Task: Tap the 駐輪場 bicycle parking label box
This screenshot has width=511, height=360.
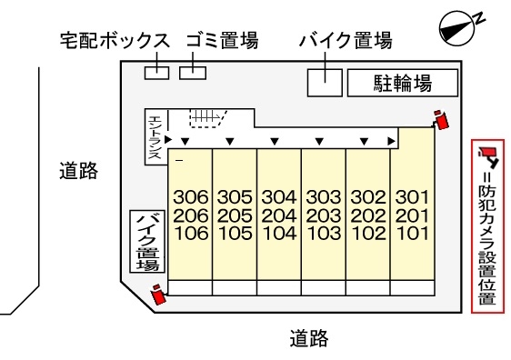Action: pos(402,84)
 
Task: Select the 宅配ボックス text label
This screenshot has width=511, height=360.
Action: pos(115,42)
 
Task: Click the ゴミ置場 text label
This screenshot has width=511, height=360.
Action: pos(221,42)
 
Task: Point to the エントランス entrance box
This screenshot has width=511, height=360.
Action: pos(155,137)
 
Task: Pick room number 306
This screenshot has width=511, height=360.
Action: pos(190,196)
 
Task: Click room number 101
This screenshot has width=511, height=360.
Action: pos(412,232)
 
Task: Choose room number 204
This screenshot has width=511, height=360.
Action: pos(279,215)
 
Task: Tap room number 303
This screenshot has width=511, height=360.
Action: pos(323,196)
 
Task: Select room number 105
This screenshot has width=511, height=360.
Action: pos(235,232)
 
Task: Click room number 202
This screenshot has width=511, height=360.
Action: pos(367,215)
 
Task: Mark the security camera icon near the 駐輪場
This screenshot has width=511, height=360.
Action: pos(442,120)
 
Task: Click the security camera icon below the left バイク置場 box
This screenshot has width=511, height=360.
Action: pos(159,294)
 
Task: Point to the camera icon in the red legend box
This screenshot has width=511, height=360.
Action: pos(487,155)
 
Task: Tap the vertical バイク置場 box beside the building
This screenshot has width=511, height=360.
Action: pos(147,241)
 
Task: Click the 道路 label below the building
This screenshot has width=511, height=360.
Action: pos(308,339)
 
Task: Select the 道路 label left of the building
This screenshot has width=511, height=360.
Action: pos(78,171)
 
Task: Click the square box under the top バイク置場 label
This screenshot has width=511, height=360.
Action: pos(325,82)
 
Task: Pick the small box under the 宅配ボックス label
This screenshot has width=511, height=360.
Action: pos(156,71)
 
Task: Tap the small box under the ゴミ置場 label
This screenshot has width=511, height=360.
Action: pos(193,71)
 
